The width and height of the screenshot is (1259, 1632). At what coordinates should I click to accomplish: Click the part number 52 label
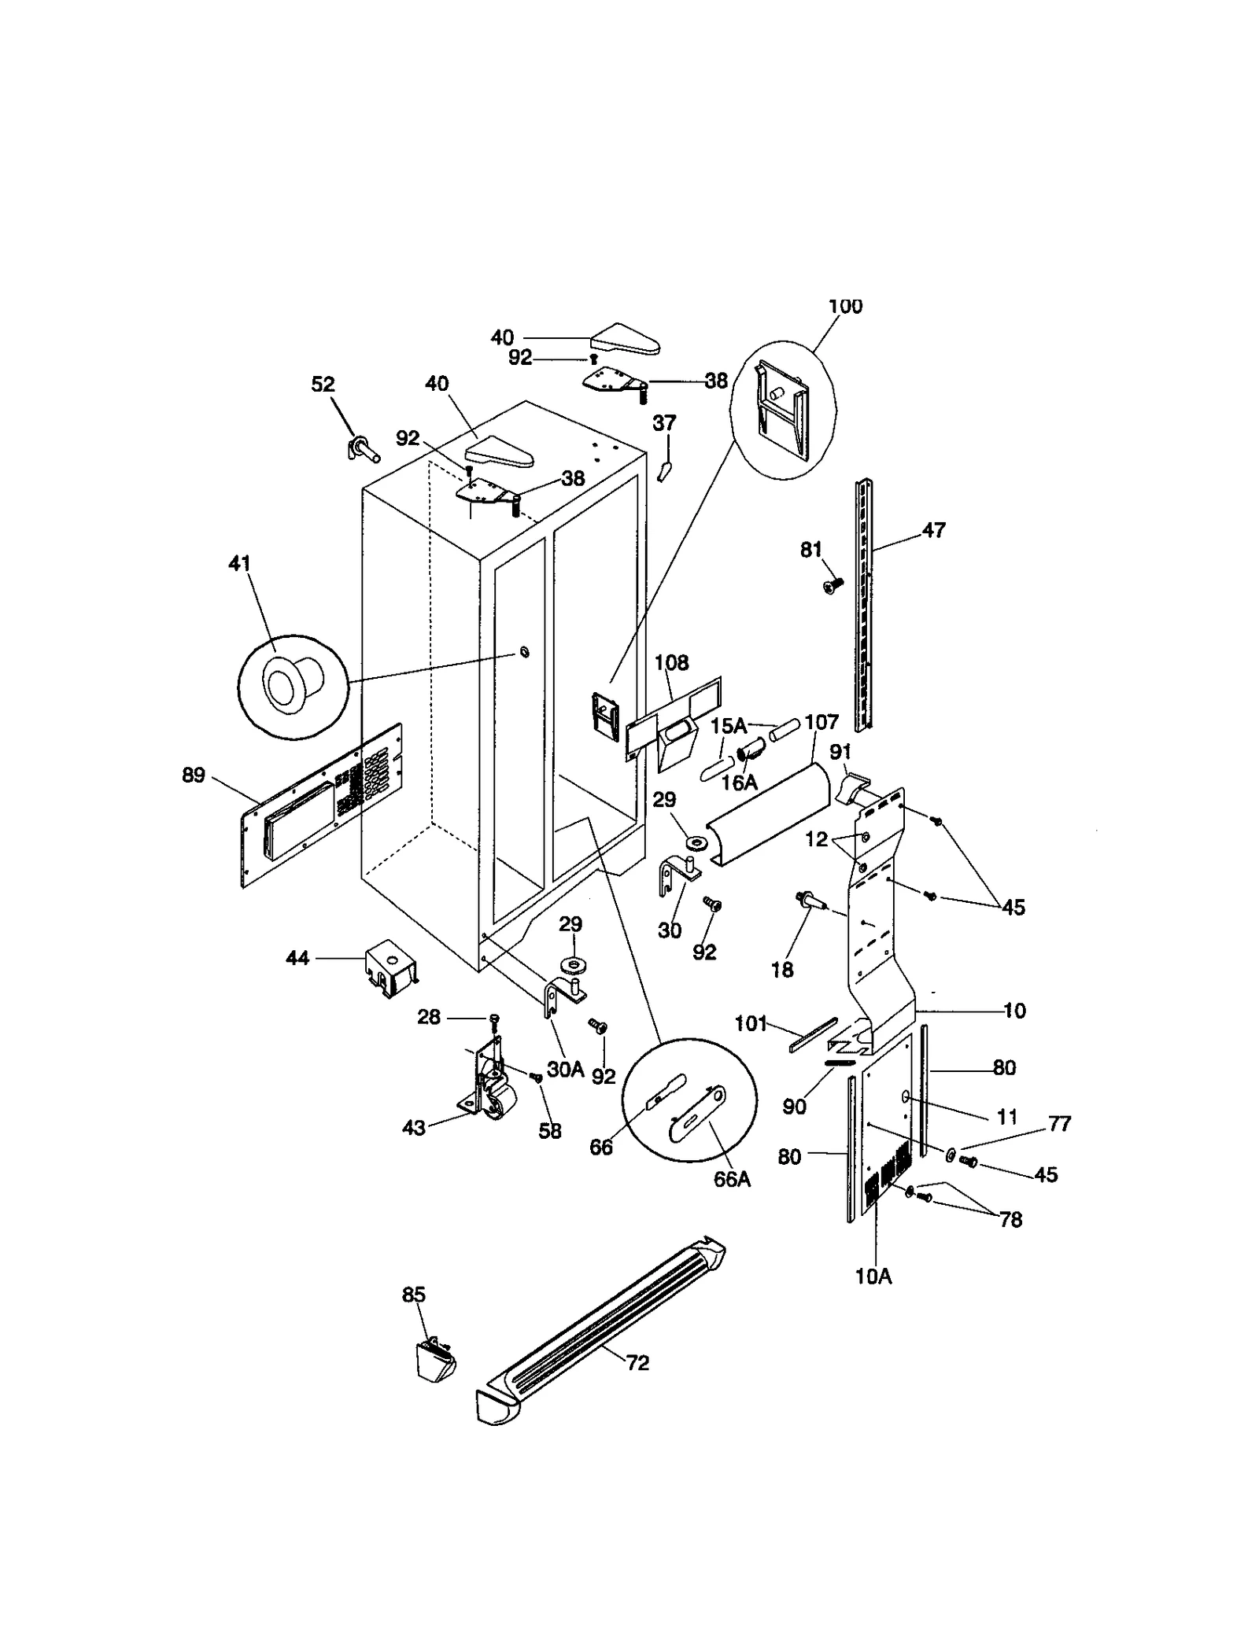click(323, 384)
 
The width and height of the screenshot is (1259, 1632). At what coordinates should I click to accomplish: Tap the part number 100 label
click(845, 306)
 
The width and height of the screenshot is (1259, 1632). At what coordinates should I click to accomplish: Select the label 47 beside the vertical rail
click(933, 530)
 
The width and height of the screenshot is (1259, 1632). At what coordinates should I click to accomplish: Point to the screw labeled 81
click(833, 584)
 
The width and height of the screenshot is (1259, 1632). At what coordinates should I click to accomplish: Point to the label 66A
click(732, 1180)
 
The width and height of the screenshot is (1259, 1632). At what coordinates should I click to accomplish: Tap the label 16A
click(740, 783)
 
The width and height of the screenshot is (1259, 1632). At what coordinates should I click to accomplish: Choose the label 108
click(671, 663)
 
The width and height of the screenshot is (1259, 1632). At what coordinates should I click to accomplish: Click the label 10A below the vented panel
click(873, 1276)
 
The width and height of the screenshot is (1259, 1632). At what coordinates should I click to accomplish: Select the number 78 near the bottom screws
click(1010, 1219)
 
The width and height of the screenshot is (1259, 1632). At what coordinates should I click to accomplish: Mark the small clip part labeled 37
click(665, 470)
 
